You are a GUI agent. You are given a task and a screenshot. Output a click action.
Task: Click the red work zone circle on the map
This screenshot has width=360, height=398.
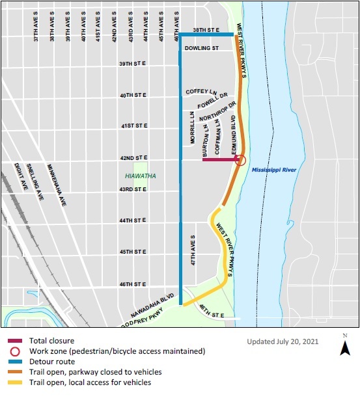[240, 160]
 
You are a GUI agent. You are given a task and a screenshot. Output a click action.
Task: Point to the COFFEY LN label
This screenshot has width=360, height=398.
[199, 92]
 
